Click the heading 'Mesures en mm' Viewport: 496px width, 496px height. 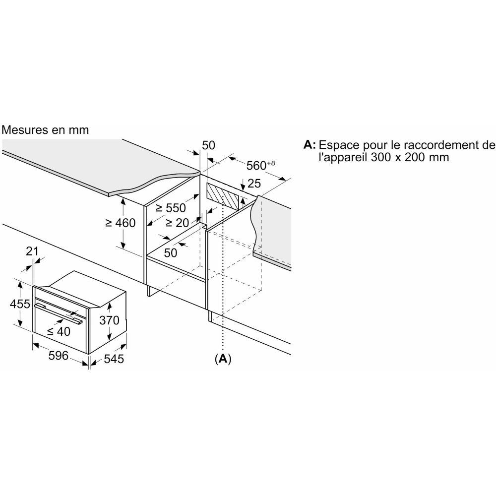pyautogui.click(x=45, y=130)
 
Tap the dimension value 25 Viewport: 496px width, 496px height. pyautogui.click(x=254, y=184)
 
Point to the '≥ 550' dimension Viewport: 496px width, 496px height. pyautogui.click(x=170, y=208)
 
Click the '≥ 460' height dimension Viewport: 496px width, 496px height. pyautogui.click(x=120, y=223)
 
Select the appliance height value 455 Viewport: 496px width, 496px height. pyautogui.click(x=20, y=304)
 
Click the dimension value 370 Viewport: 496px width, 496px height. pyautogui.click(x=109, y=320)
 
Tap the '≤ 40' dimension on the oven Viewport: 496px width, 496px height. pyautogui.click(x=59, y=332)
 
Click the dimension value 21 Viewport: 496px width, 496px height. pyautogui.click(x=32, y=251)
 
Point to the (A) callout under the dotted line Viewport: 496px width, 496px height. pyautogui.click(x=223, y=358)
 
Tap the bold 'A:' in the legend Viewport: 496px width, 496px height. pyautogui.click(x=310, y=145)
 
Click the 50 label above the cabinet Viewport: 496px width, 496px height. pyautogui.click(x=208, y=145)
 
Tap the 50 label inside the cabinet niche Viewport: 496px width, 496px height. pyautogui.click(x=171, y=252)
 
